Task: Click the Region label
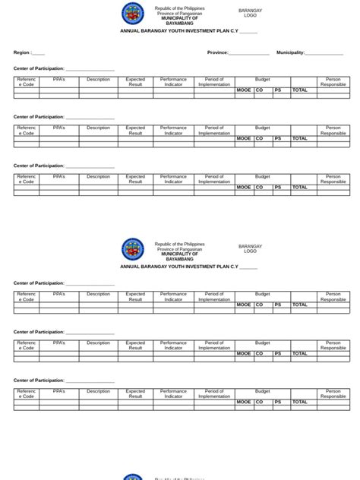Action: tap(21, 53)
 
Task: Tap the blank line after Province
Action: tap(248, 54)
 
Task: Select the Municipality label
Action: tap(290, 53)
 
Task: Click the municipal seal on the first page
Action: tap(133, 13)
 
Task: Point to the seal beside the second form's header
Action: tap(133, 249)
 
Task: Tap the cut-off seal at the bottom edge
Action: tap(133, 477)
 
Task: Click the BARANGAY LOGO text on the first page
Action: tap(250, 13)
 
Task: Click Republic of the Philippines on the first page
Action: tap(179, 8)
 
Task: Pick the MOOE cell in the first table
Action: tap(244, 90)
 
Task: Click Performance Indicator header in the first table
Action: tap(173, 81)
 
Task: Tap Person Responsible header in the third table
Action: tap(333, 179)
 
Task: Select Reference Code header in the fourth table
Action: tap(27, 296)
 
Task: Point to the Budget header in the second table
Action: tap(263, 128)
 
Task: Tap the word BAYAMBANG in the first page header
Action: tap(179, 24)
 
